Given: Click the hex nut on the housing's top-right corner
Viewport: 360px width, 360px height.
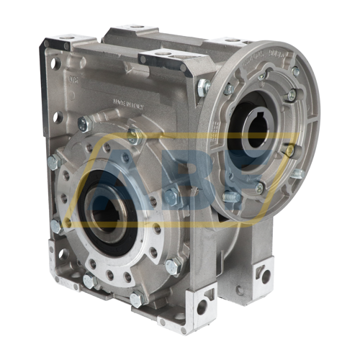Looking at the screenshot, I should (x=204, y=86).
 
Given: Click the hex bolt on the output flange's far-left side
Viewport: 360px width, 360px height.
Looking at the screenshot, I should (x=54, y=163).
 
